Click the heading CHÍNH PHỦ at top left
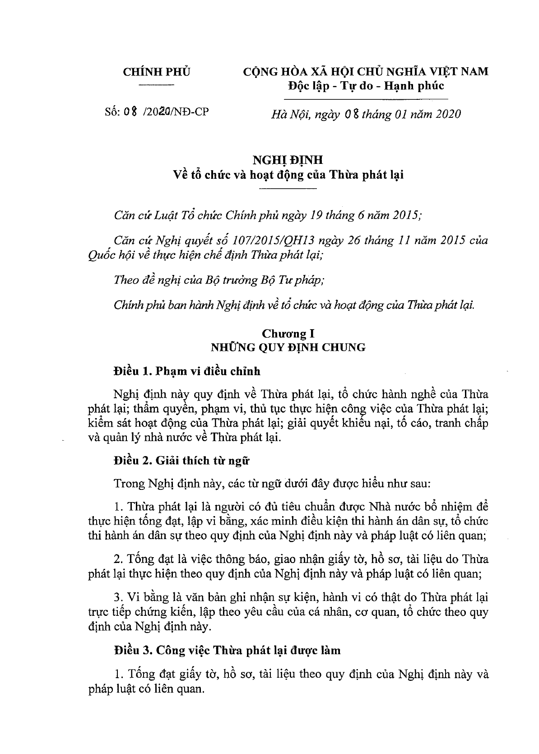coord(157,72)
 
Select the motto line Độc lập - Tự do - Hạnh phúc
coord(366,86)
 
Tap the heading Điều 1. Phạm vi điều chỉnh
coord(187,371)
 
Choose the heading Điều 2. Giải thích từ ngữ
coord(181,461)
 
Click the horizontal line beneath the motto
coord(366,98)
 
